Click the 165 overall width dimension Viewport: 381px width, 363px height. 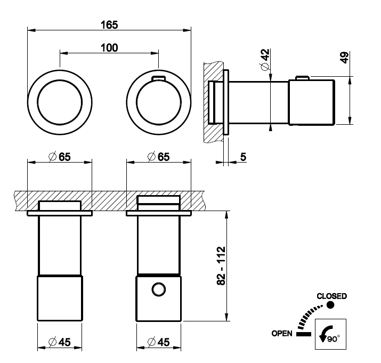109,25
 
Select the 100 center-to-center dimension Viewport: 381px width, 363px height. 109,47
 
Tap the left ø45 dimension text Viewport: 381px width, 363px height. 59,342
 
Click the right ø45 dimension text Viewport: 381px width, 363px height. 158,342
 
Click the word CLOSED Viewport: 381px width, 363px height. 331,296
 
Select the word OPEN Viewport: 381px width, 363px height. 281,334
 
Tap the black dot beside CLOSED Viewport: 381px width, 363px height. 330,305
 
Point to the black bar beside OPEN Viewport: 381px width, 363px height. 304,334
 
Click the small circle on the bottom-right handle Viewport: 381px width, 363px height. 158,289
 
